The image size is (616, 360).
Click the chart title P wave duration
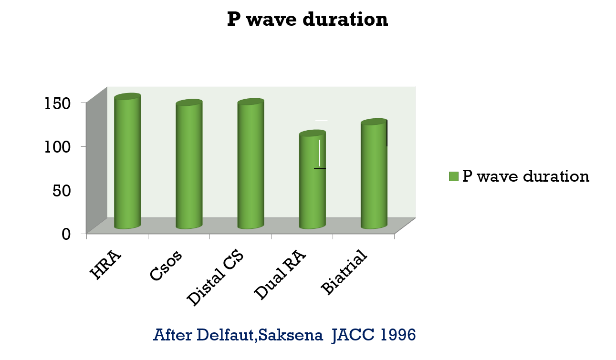click(x=307, y=20)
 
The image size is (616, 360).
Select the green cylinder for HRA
click(x=127, y=162)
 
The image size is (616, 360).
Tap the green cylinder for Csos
click(x=189, y=165)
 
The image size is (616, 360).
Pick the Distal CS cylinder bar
click(x=251, y=165)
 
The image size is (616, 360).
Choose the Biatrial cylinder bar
click(x=374, y=175)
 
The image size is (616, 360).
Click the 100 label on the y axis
click(x=58, y=146)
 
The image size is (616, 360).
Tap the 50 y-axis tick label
click(x=63, y=190)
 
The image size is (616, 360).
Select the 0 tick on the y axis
click(x=67, y=234)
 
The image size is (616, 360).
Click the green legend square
click(x=453, y=176)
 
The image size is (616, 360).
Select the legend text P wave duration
click(x=526, y=176)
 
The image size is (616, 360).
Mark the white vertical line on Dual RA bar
click(x=320, y=153)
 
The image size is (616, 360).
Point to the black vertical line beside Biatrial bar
click(x=386, y=134)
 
